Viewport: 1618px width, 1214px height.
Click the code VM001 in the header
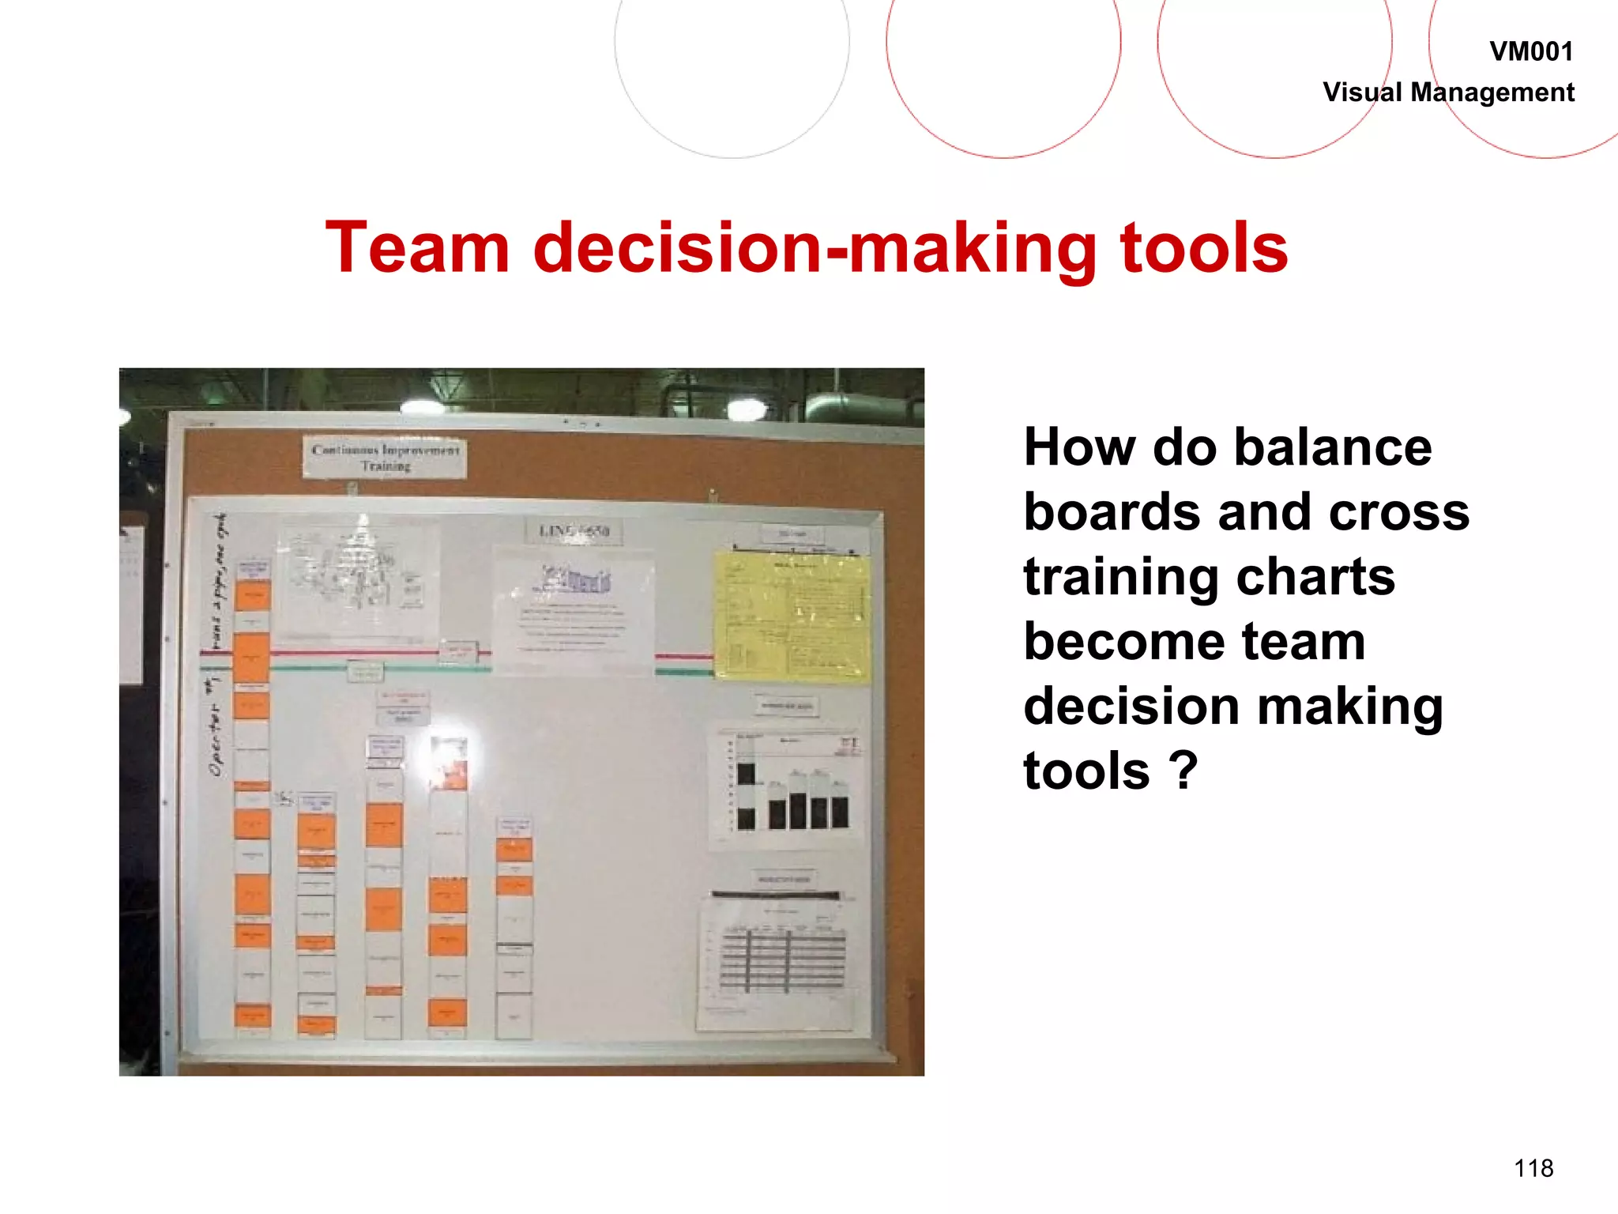1530,52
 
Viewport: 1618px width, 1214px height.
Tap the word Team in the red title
417,248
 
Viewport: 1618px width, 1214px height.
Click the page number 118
1533,1168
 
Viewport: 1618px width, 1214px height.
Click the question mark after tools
1183,771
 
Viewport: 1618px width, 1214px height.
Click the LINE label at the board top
574,531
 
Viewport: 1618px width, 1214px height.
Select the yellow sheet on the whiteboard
792,616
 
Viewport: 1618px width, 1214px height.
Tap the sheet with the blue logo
574,609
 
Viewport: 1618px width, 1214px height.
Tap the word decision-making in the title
815,248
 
